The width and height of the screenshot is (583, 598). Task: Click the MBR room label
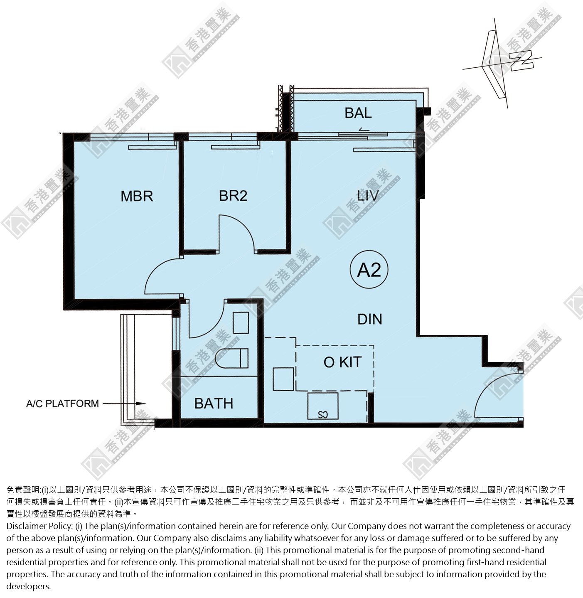pyautogui.click(x=137, y=197)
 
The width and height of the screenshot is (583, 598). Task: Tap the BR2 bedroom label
pyautogui.click(x=233, y=196)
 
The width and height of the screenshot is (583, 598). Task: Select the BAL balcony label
pyautogui.click(x=358, y=113)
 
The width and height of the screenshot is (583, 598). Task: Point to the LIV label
pyautogui.click(x=368, y=195)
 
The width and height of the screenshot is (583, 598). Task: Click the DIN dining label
pyautogui.click(x=370, y=319)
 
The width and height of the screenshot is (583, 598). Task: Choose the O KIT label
pyautogui.click(x=342, y=362)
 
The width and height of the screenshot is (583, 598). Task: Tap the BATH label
pyautogui.click(x=214, y=404)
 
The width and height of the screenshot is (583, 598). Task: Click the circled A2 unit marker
pyautogui.click(x=369, y=270)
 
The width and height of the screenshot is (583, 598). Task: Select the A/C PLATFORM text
pyautogui.click(x=63, y=404)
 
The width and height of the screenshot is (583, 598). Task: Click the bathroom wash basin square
pyautogui.click(x=241, y=322)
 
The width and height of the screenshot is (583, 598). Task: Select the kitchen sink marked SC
pyautogui.click(x=323, y=406)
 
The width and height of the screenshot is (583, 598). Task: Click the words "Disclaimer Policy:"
pyautogui.click(x=39, y=526)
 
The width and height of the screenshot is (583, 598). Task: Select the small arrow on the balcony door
pyautogui.click(x=364, y=130)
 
